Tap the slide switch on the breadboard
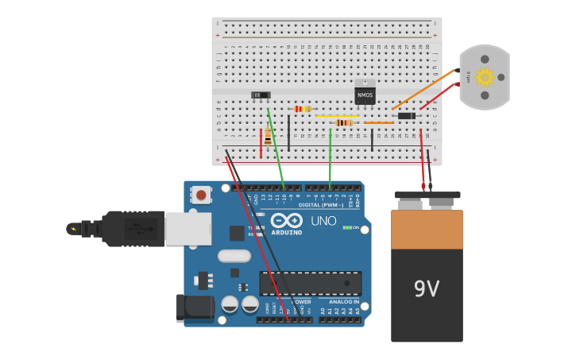click(x=261, y=95)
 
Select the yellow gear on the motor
click(x=484, y=77)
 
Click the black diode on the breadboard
click(x=406, y=116)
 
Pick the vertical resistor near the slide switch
click(x=269, y=136)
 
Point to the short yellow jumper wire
click(x=337, y=116)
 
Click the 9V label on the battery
click(x=427, y=288)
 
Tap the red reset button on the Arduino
click(x=202, y=195)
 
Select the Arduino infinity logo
click(x=286, y=221)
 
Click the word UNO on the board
click(x=323, y=221)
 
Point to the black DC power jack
click(x=194, y=308)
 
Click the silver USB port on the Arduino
click(x=188, y=229)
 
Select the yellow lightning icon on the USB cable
click(x=74, y=229)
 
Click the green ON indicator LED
click(x=347, y=227)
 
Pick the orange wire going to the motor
click(x=423, y=89)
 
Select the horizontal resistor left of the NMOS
click(x=303, y=109)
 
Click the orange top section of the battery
click(x=427, y=229)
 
